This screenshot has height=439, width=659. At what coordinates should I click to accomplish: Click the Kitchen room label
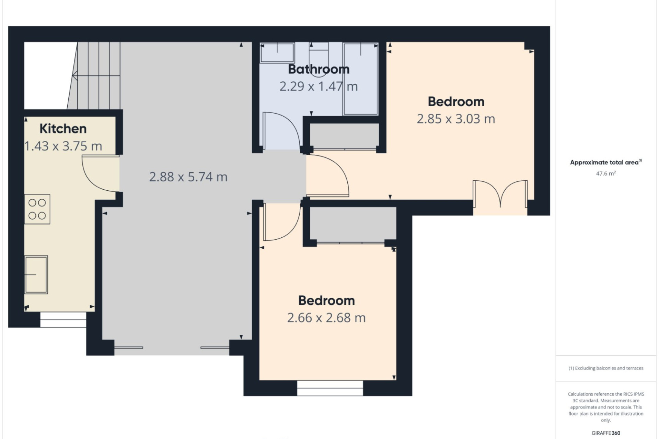63,129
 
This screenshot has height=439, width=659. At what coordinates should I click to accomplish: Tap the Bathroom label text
319,69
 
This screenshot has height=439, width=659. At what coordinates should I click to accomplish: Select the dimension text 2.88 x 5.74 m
188,177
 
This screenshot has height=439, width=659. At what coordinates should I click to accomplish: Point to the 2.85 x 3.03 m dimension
456,119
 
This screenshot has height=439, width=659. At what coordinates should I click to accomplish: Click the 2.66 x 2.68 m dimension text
326,318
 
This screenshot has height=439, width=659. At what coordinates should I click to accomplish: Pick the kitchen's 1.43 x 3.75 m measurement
63,146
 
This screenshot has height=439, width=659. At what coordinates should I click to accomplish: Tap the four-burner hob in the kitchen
37,209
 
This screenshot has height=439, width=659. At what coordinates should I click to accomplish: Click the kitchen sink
36,275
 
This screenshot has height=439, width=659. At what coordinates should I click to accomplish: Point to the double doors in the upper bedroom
500,194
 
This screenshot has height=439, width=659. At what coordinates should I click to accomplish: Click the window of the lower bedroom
330,388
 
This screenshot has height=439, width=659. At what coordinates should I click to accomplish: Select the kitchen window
63,320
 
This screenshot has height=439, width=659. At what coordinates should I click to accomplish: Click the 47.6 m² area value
606,174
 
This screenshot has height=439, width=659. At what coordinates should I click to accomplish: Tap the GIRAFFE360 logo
606,433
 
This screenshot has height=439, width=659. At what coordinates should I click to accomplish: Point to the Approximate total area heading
606,162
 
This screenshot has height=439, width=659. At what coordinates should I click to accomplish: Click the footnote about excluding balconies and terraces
606,368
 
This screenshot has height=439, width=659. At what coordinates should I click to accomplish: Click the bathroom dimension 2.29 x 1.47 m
319,86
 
